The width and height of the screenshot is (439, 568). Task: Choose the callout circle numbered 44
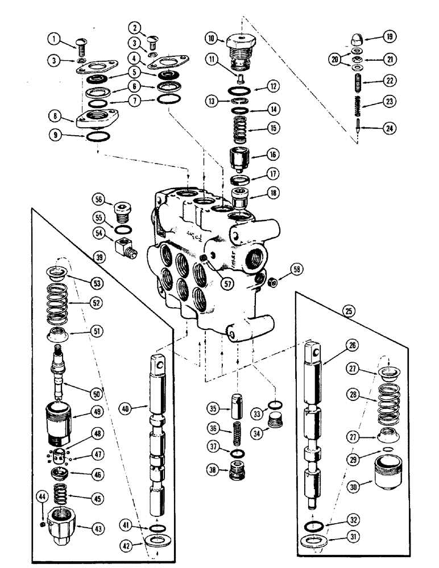click(41, 498)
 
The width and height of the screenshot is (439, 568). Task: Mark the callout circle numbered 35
click(212, 408)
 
